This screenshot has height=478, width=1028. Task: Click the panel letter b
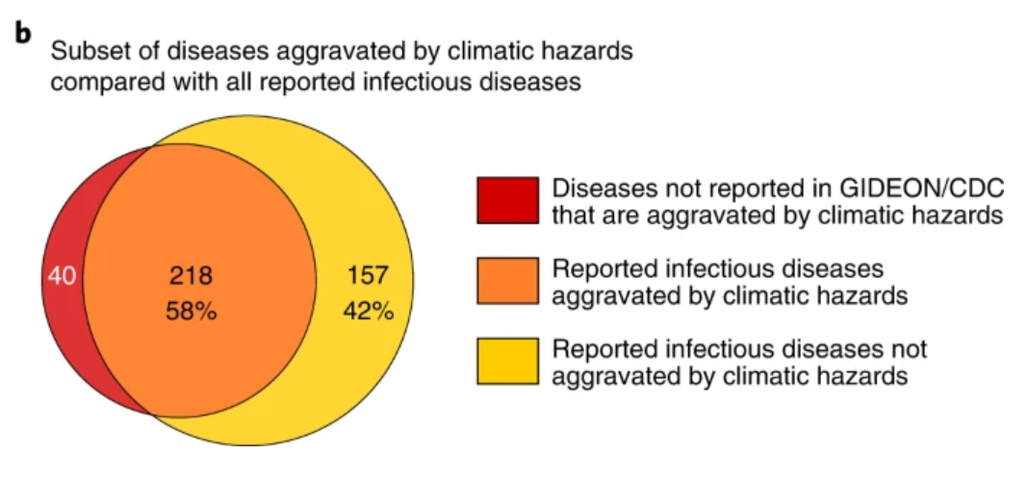coord(24,34)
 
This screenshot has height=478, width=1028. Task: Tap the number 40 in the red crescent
coord(62,277)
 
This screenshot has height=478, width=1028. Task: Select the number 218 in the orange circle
coord(192,276)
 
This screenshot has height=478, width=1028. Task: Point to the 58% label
coord(192,312)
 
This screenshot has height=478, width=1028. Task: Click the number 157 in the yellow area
coord(369,276)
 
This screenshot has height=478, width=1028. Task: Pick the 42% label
coord(369,311)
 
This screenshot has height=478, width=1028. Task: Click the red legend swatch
coord(507,200)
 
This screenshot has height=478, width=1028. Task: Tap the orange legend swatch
coord(507,280)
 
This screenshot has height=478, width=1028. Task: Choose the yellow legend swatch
coord(507,361)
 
